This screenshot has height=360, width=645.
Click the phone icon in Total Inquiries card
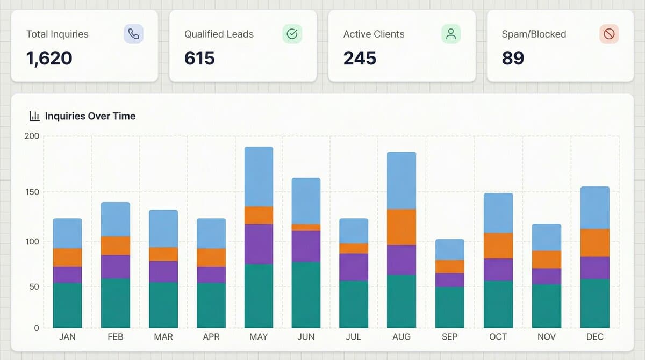coord(133,34)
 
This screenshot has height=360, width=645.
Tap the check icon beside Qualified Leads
coord(292,34)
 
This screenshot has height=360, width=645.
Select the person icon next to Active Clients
coord(451,34)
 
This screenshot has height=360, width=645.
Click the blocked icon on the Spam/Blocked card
coord(609,34)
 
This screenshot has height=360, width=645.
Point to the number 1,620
coord(49,57)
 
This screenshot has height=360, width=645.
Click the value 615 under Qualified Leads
coord(199,57)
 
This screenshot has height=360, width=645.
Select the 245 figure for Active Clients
coord(360,57)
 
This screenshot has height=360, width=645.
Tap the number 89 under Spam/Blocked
coord(513,57)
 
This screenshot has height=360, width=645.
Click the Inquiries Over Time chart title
coord(90,116)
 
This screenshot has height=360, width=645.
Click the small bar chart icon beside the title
coord(34,116)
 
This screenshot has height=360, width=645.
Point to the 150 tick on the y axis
coord(32,192)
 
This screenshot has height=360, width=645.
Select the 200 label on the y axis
coord(32,136)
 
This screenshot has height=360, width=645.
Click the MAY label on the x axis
coord(259,337)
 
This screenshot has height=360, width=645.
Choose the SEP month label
coord(449,337)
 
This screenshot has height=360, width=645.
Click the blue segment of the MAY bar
coord(259,176)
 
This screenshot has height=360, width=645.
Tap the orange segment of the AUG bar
coord(402,227)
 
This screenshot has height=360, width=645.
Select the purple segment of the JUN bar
coord(306,246)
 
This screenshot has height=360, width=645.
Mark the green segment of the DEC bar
coord(594,303)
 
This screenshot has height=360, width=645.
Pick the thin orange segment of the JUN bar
coord(306,227)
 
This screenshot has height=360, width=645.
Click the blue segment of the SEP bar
coord(449,249)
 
